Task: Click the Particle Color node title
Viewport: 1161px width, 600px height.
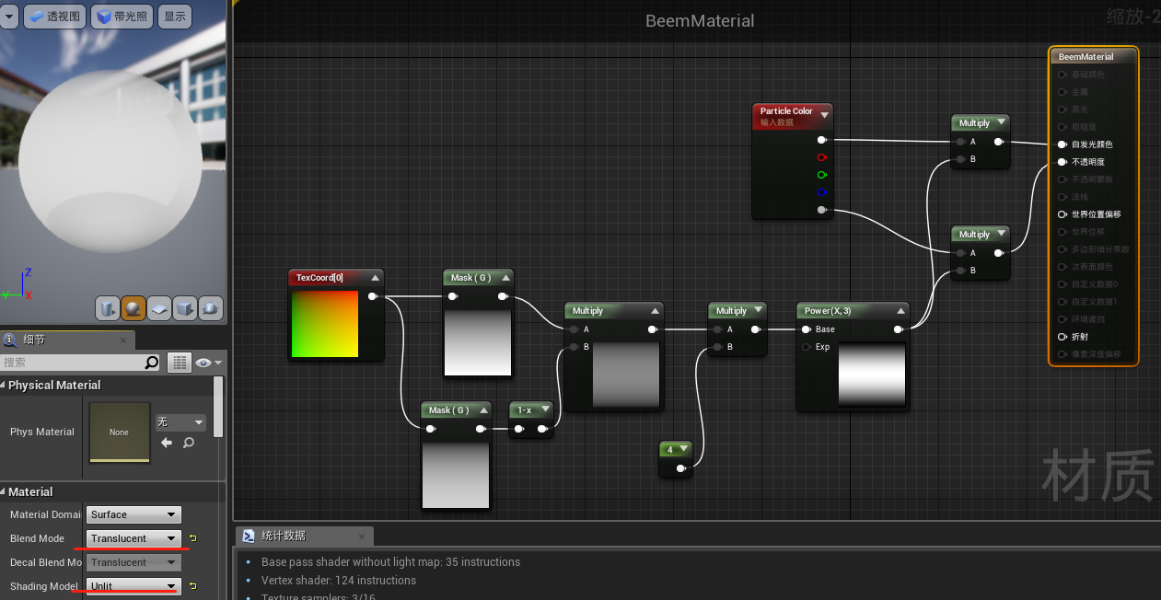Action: pos(786,111)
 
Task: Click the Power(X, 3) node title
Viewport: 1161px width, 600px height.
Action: pos(828,311)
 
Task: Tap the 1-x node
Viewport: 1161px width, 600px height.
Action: pos(525,410)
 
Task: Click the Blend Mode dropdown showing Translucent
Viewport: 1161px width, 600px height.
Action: pos(134,538)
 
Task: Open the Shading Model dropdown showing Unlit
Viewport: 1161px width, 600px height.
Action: pos(134,586)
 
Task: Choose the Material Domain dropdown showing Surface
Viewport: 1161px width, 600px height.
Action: pos(134,514)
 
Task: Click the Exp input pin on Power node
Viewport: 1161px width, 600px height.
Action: pos(807,347)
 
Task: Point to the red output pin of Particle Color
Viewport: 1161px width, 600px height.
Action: pos(821,157)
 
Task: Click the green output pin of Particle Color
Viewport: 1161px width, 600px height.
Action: pos(821,175)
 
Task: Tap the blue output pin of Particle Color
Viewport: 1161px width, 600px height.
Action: pos(821,192)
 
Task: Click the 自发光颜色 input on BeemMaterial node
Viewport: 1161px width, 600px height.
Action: pos(1062,144)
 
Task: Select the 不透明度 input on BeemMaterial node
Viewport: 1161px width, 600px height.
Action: pos(1062,162)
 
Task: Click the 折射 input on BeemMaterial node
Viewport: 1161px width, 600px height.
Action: pos(1062,337)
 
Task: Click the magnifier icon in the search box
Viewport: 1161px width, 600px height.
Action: pos(152,363)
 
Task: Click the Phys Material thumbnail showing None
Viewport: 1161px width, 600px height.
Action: pos(119,432)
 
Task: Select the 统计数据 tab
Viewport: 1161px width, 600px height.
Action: pos(283,536)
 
